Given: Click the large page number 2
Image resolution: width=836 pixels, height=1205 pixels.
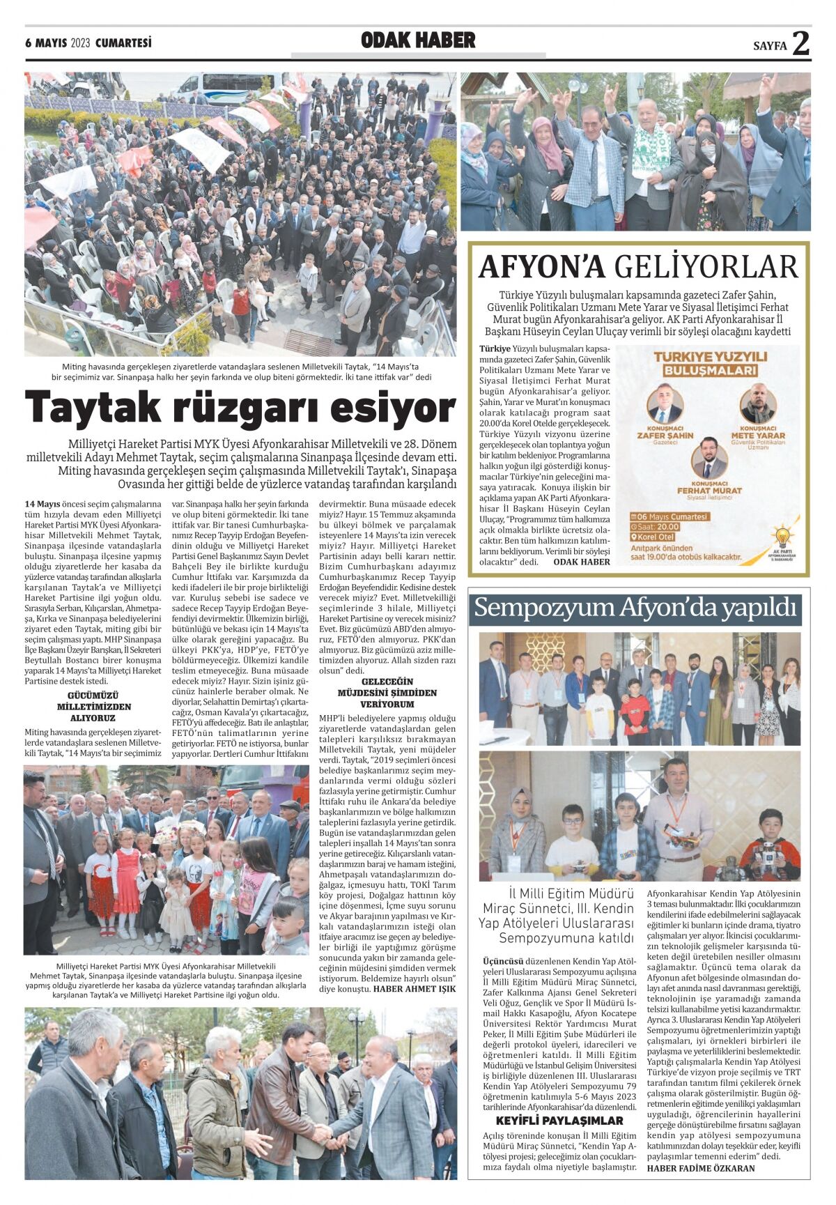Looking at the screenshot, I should click(800, 44).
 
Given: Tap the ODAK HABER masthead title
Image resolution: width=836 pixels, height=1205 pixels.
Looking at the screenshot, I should click(418, 41).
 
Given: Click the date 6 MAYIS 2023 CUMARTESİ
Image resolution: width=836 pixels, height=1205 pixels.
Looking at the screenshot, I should click(88, 43).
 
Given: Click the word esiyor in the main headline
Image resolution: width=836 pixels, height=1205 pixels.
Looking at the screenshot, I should click(391, 408).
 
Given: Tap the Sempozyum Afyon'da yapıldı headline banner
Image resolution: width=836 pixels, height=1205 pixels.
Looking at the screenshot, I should click(635, 608).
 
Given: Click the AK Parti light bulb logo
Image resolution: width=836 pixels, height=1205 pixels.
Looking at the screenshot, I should click(783, 537).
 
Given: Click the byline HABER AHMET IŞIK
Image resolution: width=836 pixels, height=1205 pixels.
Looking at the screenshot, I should click(415, 988).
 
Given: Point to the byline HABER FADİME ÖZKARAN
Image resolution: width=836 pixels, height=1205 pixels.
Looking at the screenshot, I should click(700, 1168).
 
